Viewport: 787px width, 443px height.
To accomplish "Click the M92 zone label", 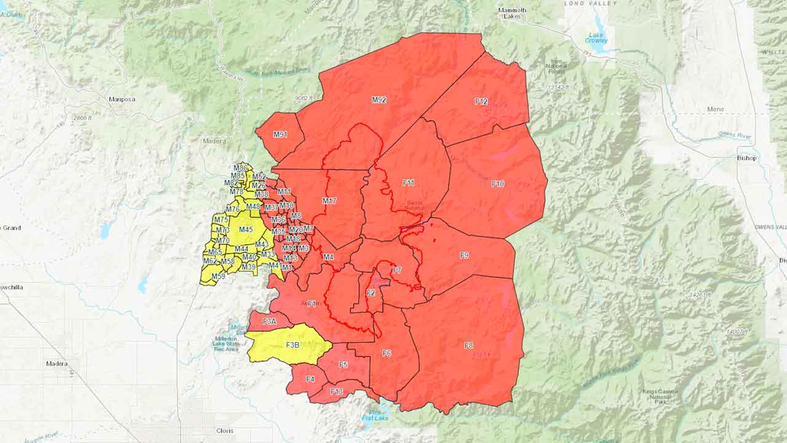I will [x=379, y=100].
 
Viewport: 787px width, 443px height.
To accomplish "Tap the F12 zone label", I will [x=481, y=102].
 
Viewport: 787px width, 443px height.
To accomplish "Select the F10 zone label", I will [x=498, y=184].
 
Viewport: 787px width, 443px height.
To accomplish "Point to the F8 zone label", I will [x=469, y=345].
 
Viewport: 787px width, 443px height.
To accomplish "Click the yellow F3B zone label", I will [x=293, y=345].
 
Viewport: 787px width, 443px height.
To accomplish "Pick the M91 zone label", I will [x=280, y=135].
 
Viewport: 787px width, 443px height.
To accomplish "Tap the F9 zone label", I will [x=464, y=255].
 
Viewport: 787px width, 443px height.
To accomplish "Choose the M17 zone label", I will [x=330, y=201].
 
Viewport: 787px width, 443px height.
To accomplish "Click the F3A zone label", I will [x=269, y=322].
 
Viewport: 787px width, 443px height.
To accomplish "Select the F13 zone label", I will [x=336, y=392].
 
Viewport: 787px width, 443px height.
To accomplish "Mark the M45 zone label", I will [x=246, y=229].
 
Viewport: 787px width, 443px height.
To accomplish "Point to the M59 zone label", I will [x=218, y=277].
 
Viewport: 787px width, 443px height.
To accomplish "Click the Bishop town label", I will [x=746, y=158].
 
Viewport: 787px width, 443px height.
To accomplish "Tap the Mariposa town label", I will [x=122, y=99].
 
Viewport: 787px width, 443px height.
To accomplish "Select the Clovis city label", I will [x=225, y=431].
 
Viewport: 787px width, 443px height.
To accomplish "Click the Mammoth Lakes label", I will [x=512, y=14].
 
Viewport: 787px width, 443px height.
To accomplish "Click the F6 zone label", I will [x=387, y=353].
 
